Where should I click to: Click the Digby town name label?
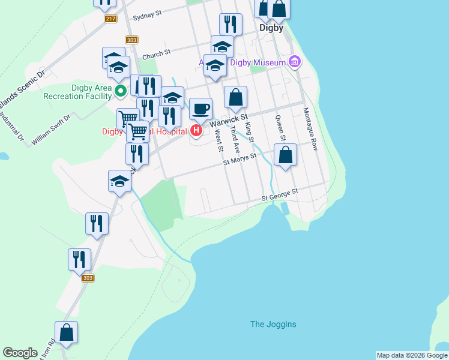point(271,28)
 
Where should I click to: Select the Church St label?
point(157,54)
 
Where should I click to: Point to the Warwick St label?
point(229,119)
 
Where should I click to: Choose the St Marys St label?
point(240,159)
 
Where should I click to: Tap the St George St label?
point(279,195)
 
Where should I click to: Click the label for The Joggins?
point(273,325)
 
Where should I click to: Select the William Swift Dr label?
point(51,130)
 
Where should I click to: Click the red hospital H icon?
point(196,130)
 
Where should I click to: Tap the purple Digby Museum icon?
point(294,61)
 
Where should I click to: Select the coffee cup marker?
point(201,109)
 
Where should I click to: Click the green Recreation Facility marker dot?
point(119,91)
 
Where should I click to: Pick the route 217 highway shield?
point(110,19)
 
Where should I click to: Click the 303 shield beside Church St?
point(132,40)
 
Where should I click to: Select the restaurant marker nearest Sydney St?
point(231,25)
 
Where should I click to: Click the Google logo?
point(20,353)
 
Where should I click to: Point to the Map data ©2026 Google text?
point(412,355)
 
